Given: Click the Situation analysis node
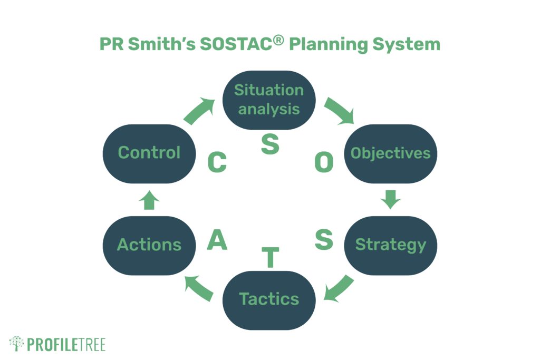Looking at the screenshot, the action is [x=269, y=100].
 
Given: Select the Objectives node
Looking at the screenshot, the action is [x=391, y=154].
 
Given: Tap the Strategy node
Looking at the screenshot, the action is [x=391, y=246].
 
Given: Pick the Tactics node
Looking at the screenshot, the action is [x=269, y=300].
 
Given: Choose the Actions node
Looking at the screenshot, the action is [x=149, y=246].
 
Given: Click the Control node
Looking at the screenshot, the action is [x=149, y=154].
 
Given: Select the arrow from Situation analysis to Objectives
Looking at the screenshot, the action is [x=339, y=110].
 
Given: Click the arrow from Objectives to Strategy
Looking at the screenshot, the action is [x=391, y=199].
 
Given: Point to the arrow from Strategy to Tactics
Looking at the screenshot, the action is [x=339, y=289].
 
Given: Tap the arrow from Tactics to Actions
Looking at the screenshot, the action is [x=198, y=288].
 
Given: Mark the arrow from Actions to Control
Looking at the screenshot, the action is [x=149, y=200].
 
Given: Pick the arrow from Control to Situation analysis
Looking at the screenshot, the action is [x=199, y=111].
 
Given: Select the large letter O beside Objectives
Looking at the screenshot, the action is [x=324, y=162].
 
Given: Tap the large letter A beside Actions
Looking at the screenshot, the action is [x=217, y=239].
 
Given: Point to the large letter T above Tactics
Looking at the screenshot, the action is [x=271, y=257].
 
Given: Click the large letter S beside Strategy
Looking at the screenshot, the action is [x=324, y=239].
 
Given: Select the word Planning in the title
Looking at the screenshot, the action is [x=329, y=45].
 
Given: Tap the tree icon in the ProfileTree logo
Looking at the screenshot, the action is [x=16, y=343].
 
